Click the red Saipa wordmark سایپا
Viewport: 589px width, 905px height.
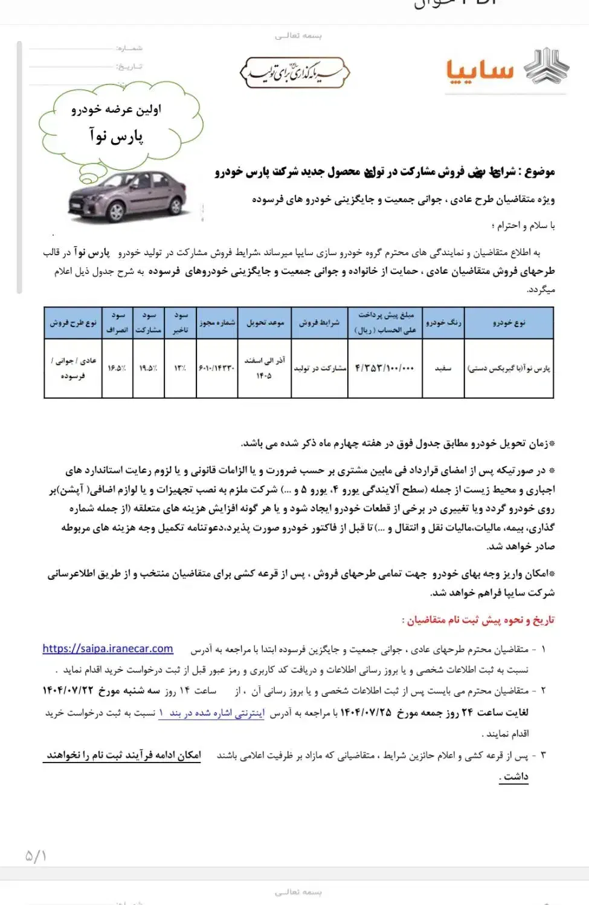[x=480, y=71]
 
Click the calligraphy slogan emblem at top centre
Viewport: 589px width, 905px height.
[x=295, y=73]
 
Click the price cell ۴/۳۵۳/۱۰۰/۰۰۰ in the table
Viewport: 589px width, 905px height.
[x=384, y=367]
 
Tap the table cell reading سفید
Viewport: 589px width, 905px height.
[x=443, y=367]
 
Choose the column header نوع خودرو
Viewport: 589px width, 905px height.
[x=509, y=322]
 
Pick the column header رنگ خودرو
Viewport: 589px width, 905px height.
[x=443, y=322]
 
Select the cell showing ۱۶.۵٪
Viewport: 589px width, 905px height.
[x=117, y=367]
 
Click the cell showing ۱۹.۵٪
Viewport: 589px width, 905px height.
[x=148, y=367]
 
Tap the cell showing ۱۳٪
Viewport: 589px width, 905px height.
[x=180, y=367]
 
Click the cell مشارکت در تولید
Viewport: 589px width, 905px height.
[x=320, y=367]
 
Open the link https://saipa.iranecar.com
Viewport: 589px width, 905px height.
[x=108, y=649]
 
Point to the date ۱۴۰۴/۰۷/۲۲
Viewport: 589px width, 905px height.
[x=68, y=690]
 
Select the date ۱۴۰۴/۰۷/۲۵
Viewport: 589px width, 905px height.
[x=365, y=713]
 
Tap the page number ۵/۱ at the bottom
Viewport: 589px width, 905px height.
[x=36, y=856]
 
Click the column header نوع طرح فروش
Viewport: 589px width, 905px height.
[x=73, y=322]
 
